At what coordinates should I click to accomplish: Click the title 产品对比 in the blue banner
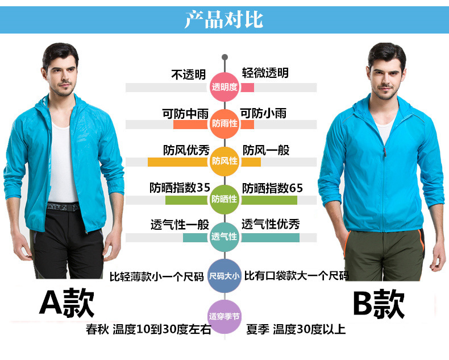coord(224,19)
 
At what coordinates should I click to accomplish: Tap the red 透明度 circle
coord(224,87)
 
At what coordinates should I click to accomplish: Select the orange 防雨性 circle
coord(224,123)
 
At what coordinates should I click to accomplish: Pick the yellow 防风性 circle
coord(224,161)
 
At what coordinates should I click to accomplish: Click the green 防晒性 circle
coord(224,198)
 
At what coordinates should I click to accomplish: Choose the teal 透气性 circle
coord(224,236)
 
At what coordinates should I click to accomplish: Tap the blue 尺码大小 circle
coord(224,276)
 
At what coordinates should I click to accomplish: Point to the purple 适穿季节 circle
coord(224,316)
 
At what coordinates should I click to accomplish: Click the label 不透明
coord(188,74)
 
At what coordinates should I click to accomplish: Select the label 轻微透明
coord(265,73)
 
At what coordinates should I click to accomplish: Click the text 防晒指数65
coord(273,188)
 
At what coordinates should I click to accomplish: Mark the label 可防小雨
coord(263,113)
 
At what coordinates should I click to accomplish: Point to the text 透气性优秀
coord(271,224)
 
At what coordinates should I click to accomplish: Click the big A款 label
coord(66,304)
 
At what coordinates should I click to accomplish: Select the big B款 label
coord(379,304)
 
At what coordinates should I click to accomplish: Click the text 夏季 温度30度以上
coord(295,329)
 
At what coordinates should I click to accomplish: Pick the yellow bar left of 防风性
coord(179,162)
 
